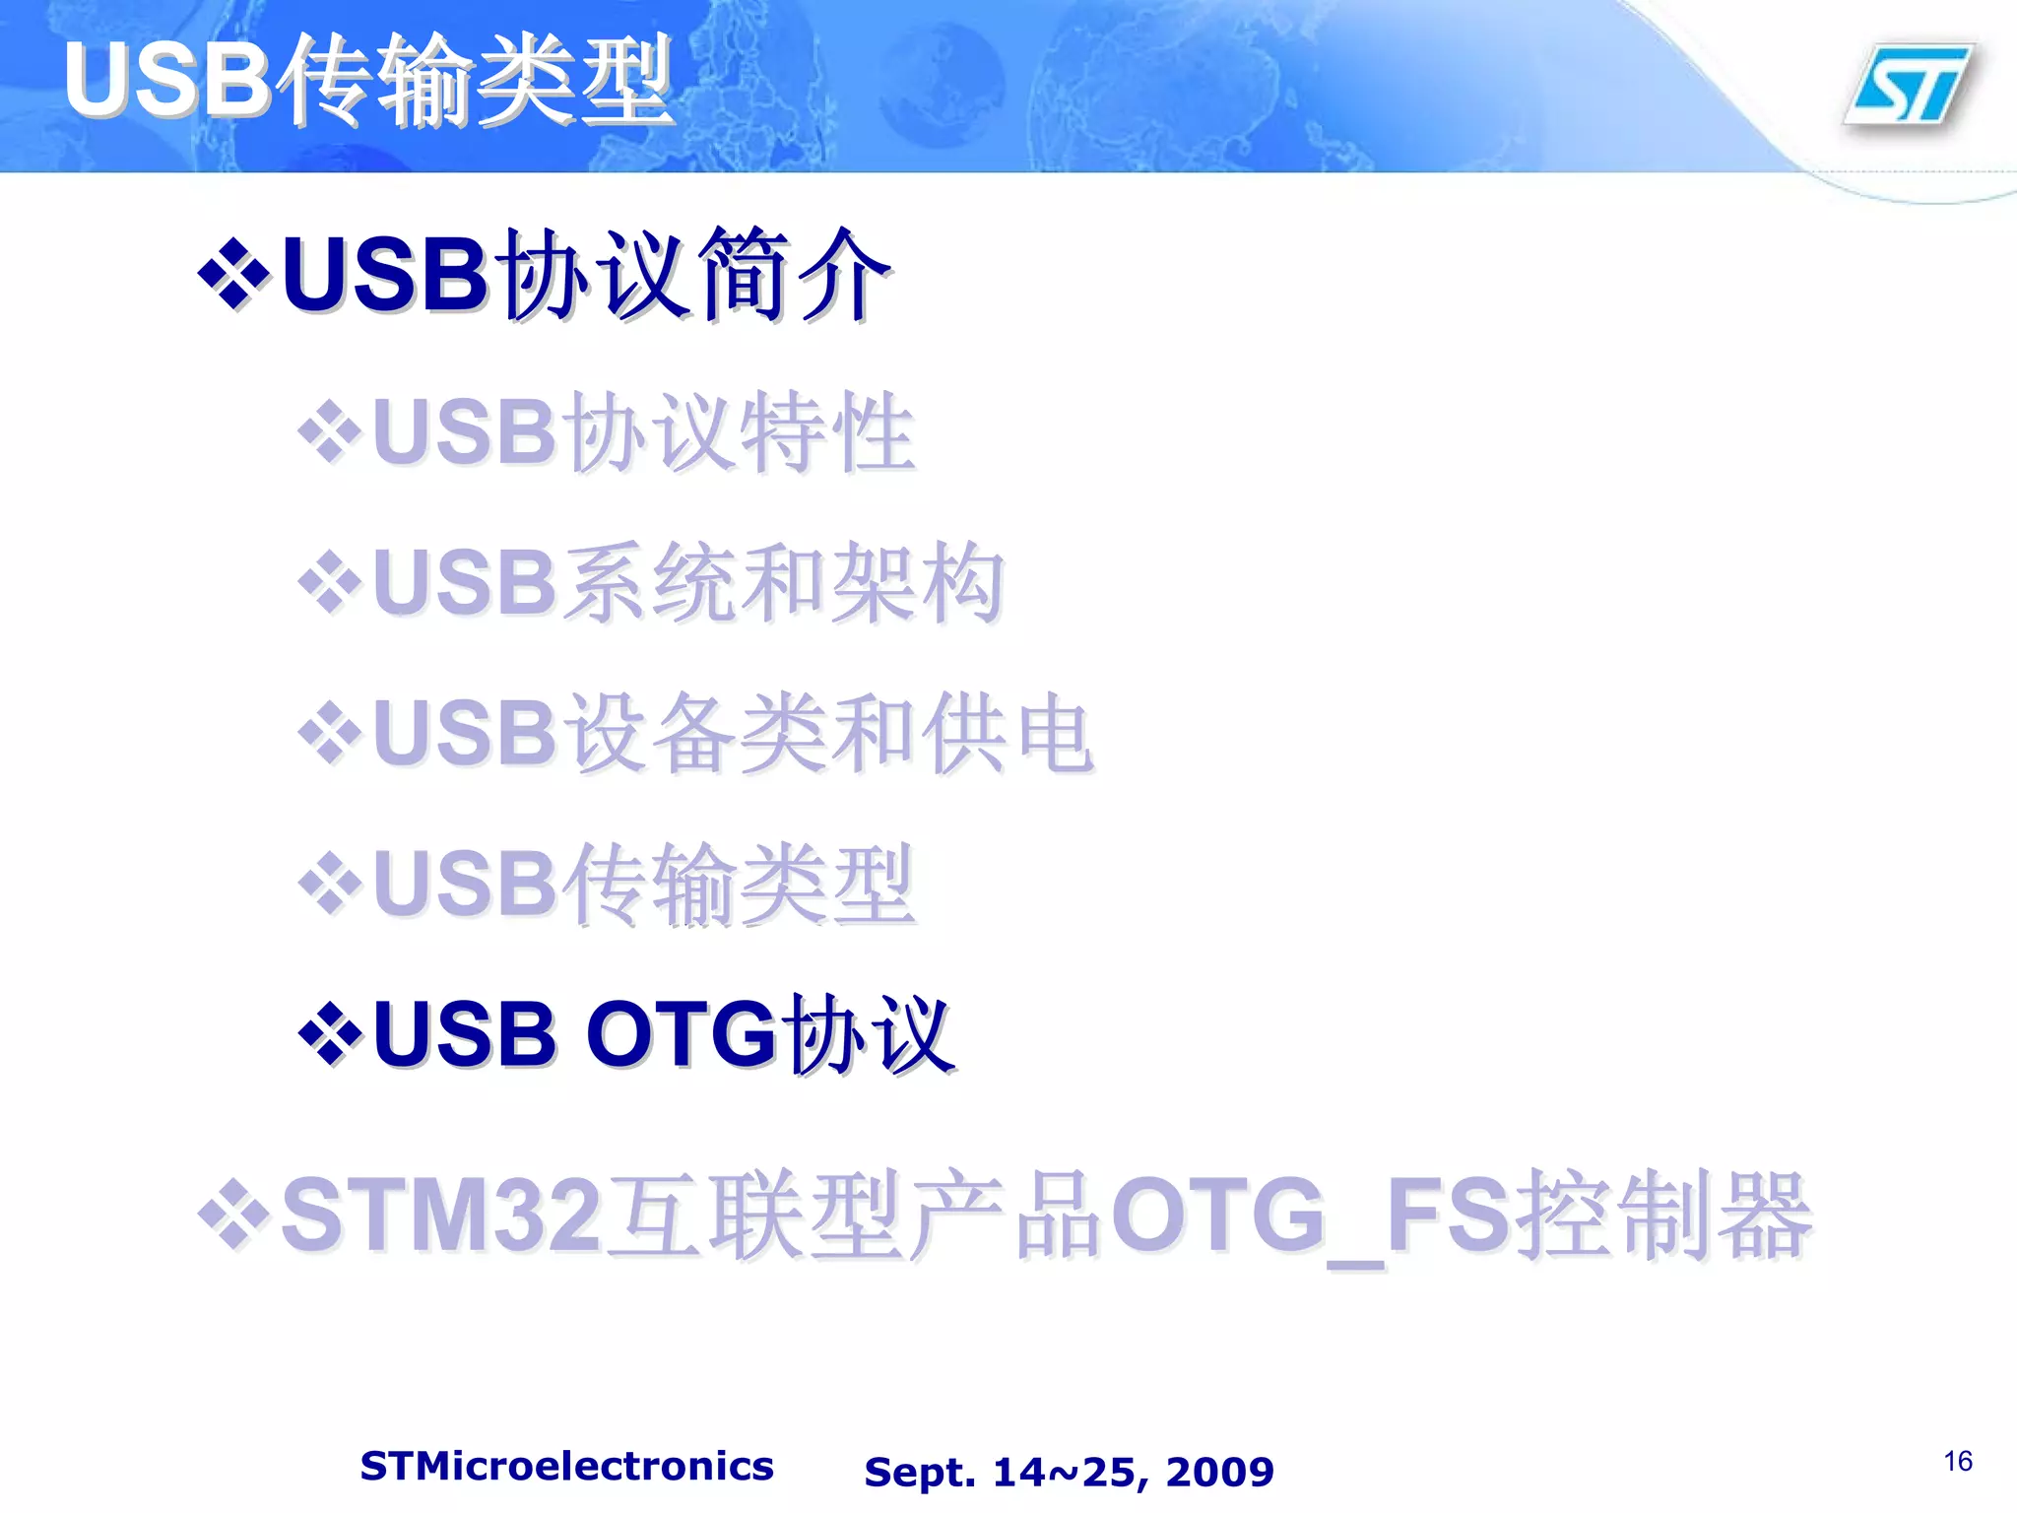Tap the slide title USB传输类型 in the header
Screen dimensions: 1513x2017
coord(368,81)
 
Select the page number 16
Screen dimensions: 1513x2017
coord(1958,1461)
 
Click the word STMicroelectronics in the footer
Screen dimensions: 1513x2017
coord(566,1466)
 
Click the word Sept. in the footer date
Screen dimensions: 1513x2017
coord(920,1472)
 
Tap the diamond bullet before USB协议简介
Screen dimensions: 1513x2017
coord(233,274)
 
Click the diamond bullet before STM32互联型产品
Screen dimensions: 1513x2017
coord(233,1216)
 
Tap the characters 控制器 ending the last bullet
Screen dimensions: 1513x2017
coord(1664,1216)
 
